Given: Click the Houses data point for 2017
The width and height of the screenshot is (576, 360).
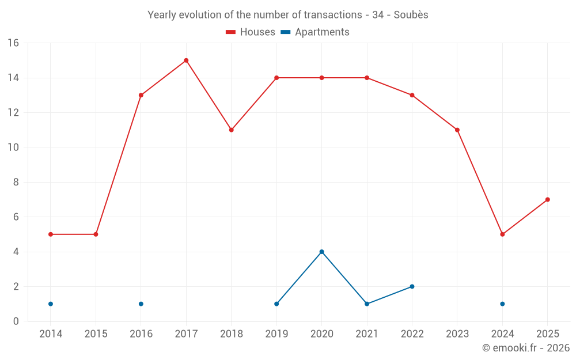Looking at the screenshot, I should tap(186, 60).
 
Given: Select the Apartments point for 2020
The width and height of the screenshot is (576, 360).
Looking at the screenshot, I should tap(321, 252).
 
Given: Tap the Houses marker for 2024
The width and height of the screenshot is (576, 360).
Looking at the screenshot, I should tap(502, 234).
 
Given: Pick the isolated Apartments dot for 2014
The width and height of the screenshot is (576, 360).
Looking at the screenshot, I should tap(51, 304).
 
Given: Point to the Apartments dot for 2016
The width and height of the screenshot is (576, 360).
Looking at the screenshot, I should tap(141, 304).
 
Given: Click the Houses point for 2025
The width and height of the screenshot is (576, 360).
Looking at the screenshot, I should tap(548, 200).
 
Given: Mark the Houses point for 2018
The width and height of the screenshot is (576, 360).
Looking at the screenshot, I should tap(231, 130).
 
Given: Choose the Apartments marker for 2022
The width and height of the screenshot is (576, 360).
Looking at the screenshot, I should tap(412, 286).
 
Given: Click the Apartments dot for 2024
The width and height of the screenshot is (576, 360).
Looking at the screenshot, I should tap(502, 304).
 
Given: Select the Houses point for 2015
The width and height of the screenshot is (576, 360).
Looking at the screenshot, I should tap(96, 234).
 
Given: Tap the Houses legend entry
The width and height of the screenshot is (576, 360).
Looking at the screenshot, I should tap(251, 32).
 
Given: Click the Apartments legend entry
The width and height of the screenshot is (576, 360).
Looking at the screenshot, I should tap(315, 32).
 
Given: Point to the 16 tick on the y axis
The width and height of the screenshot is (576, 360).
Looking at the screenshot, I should tap(13, 43).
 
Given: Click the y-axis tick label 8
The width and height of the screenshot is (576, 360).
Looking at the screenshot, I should tap(16, 182).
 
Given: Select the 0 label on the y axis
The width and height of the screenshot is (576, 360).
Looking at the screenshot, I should tap(16, 321).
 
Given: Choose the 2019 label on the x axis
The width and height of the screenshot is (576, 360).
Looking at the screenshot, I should tap(276, 334).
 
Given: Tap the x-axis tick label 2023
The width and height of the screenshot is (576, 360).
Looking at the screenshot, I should tap(457, 334).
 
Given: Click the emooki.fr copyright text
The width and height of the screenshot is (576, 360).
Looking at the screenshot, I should tap(525, 348).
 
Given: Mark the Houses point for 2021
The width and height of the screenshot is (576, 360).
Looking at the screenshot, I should tap(367, 78).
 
